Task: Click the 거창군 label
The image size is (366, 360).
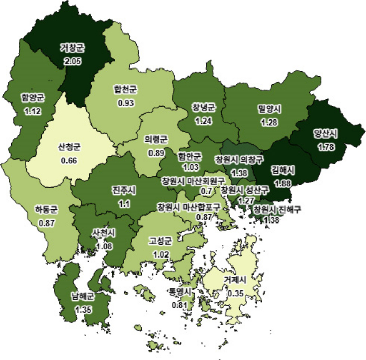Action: [72, 47]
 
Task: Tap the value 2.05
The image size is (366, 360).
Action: [72, 61]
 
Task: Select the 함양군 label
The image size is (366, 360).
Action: [32, 96]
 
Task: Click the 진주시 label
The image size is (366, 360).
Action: [123, 190]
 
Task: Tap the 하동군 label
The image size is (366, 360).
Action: [46, 210]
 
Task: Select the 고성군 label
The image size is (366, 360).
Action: [160, 241]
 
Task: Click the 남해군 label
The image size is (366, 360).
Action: [83, 297]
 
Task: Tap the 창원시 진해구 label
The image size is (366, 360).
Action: [277, 210]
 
